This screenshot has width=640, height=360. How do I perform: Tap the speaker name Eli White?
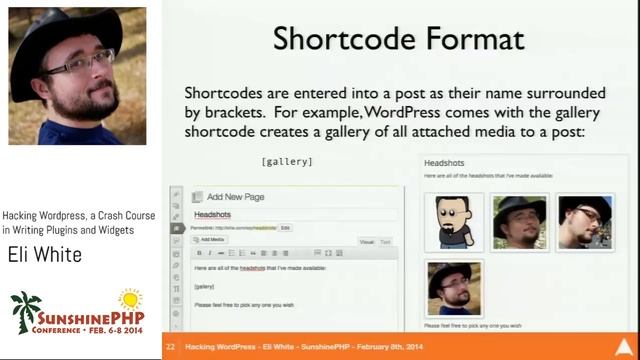pyautogui.click(x=44, y=256)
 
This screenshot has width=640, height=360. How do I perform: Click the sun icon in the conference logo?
pyautogui.click(x=130, y=298)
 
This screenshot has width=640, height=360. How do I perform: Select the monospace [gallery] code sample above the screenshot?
pyautogui.click(x=287, y=161)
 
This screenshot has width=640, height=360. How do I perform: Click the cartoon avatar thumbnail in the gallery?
pyautogui.click(x=454, y=220)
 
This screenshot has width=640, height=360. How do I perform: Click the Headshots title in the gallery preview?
pyautogui.click(x=444, y=163)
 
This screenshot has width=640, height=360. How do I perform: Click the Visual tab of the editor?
pyautogui.click(x=367, y=242)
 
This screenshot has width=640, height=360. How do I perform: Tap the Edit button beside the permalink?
pyautogui.click(x=285, y=228)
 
